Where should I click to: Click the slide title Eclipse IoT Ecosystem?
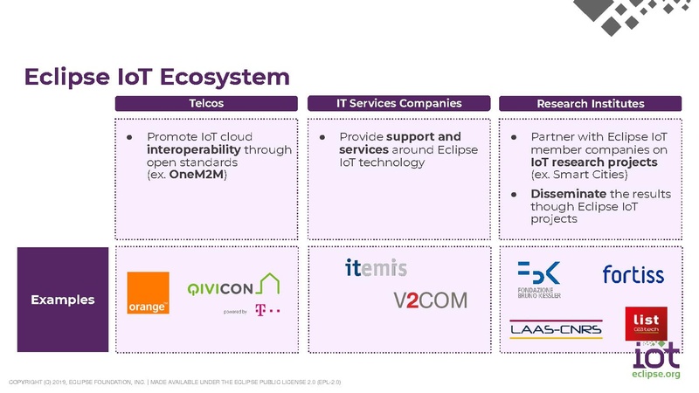pyautogui.click(x=156, y=77)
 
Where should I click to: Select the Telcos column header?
pyautogui.click(x=206, y=104)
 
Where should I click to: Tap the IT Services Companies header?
pyautogui.click(x=399, y=104)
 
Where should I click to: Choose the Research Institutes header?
pyautogui.click(x=591, y=104)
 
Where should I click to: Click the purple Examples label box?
pyautogui.click(x=62, y=300)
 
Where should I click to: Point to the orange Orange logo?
pyautogui.click(x=148, y=293)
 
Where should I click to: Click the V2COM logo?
pyautogui.click(x=430, y=300)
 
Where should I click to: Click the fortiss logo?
pyautogui.click(x=633, y=275)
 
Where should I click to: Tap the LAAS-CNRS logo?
pyautogui.click(x=550, y=329)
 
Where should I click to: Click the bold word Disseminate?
pyautogui.click(x=569, y=193)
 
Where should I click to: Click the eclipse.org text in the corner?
pyautogui.click(x=655, y=375)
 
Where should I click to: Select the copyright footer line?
pyautogui.click(x=175, y=382)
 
